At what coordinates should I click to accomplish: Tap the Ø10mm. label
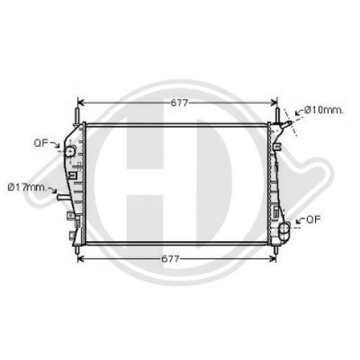pos(323,110)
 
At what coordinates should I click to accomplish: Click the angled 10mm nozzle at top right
pos(285,127)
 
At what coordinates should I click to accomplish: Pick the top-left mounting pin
pos(75,112)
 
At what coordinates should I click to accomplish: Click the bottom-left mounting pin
pos(75,247)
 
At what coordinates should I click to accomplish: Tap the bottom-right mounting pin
pos(279,247)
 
